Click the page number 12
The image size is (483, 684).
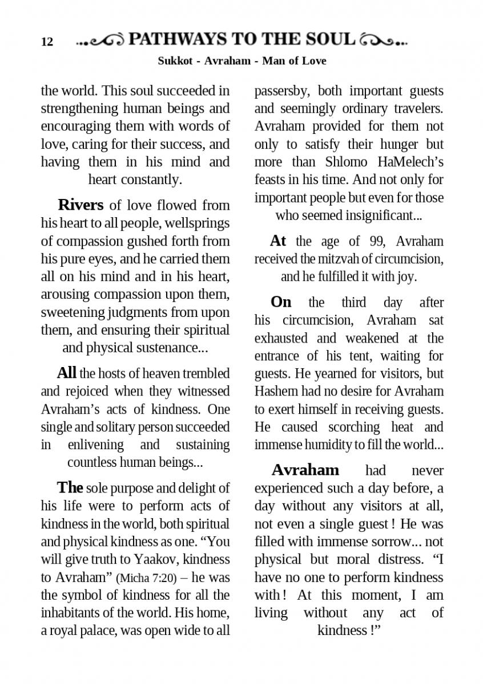click(47, 42)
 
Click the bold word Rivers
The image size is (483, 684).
click(80, 205)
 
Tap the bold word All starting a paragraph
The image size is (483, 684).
click(66, 373)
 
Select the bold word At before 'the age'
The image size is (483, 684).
click(277, 241)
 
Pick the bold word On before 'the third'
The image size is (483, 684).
click(280, 302)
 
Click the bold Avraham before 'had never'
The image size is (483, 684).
click(305, 470)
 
